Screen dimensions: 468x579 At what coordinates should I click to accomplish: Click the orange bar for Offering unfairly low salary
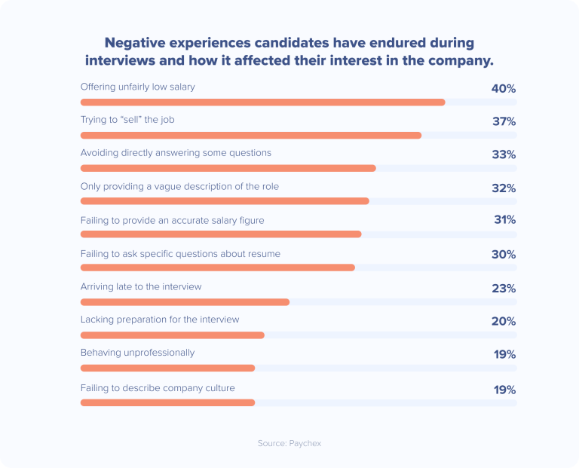tap(262, 102)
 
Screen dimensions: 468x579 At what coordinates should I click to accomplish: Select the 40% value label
tap(503, 88)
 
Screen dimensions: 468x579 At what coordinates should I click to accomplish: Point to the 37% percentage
tap(503, 121)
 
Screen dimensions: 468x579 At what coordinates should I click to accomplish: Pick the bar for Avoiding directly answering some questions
tap(228, 167)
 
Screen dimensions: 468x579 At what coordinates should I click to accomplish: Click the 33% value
tap(503, 154)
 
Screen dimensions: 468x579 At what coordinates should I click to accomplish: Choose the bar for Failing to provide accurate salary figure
tap(221, 234)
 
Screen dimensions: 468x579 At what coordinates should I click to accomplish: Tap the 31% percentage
tap(504, 219)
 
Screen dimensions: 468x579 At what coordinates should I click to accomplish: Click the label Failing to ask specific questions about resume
tap(180, 254)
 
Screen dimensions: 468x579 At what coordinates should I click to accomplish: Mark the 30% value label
tap(503, 255)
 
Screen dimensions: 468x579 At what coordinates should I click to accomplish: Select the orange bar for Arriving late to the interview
tap(185, 301)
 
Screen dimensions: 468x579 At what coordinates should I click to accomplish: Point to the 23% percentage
tap(503, 288)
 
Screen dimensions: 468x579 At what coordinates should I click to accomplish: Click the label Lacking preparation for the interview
tap(160, 320)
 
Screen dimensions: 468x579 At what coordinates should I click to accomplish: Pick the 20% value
tap(503, 321)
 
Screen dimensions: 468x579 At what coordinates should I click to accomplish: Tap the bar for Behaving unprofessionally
tap(167, 368)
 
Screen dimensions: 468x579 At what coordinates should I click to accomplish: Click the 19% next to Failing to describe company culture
tap(504, 390)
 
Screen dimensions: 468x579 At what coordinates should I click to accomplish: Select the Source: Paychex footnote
tap(289, 443)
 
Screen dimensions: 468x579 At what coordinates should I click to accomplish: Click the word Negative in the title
tap(133, 43)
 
